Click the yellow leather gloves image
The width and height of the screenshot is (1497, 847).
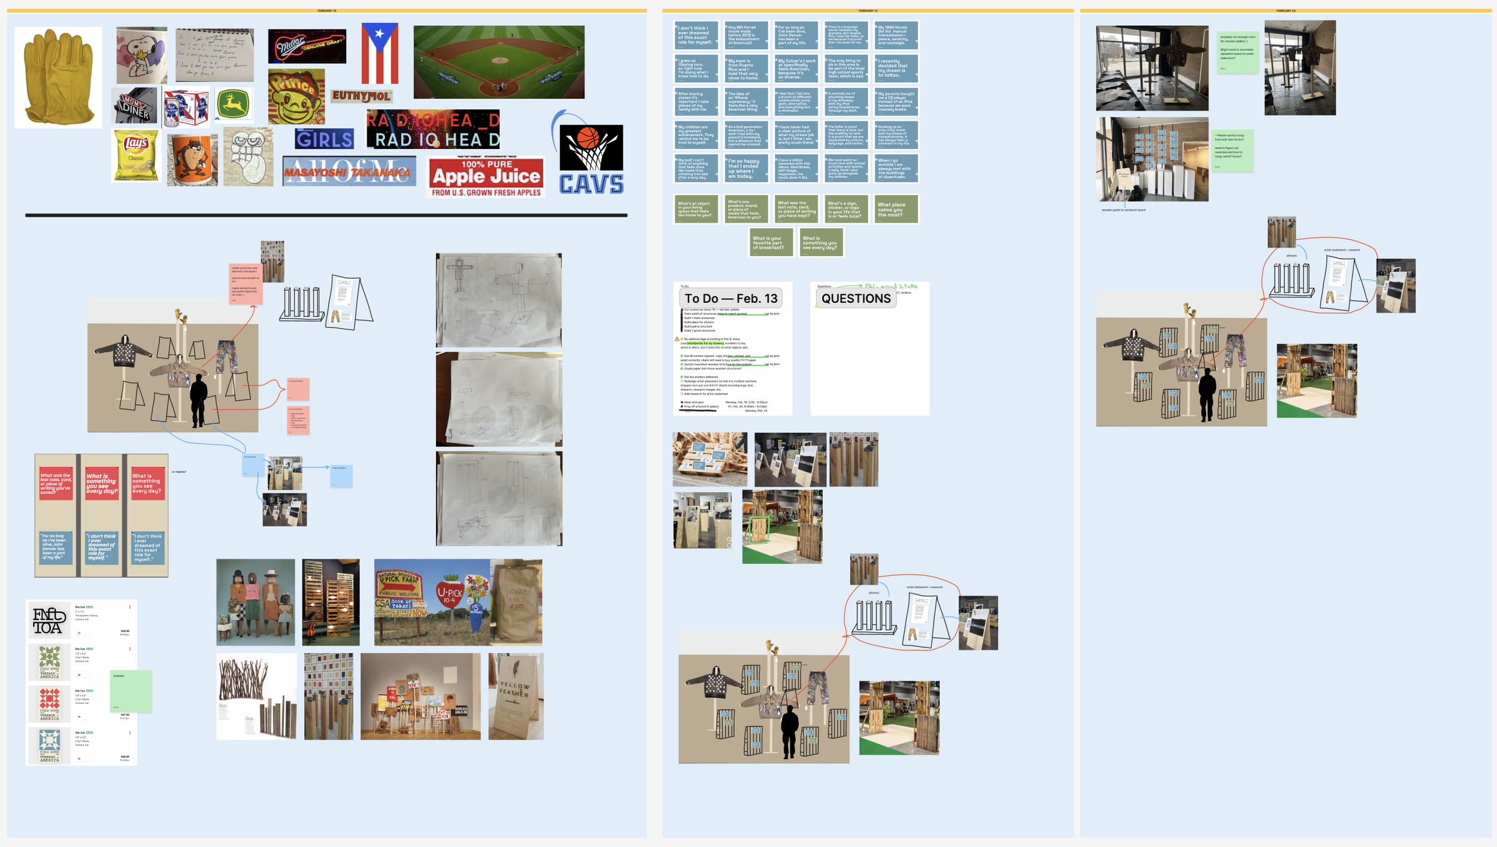(x=58, y=77)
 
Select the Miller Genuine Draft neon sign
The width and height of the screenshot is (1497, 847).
(x=307, y=46)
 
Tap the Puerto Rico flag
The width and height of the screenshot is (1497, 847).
(x=380, y=53)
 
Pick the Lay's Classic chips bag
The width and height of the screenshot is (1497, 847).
(x=136, y=156)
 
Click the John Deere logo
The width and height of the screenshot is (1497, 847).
(x=234, y=104)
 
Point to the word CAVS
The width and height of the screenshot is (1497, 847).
(x=591, y=184)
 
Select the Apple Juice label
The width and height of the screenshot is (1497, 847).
(x=486, y=177)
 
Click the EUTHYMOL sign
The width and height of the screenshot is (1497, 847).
(x=361, y=96)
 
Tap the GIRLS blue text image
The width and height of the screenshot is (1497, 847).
(x=324, y=139)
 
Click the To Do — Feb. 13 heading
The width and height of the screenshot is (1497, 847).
(x=731, y=298)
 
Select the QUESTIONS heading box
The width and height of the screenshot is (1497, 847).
(x=856, y=298)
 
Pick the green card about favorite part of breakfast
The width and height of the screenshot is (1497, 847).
(x=771, y=242)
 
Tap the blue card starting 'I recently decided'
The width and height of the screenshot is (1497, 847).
(x=896, y=69)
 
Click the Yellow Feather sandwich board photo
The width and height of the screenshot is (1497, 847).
(x=516, y=696)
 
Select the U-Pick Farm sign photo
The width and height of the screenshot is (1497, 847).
(x=431, y=602)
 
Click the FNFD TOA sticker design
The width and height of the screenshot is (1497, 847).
(x=49, y=620)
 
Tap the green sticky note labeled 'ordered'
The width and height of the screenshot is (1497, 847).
(x=131, y=691)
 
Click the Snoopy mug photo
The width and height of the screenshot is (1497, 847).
(x=141, y=55)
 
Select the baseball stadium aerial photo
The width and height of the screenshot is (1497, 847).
(x=499, y=62)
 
